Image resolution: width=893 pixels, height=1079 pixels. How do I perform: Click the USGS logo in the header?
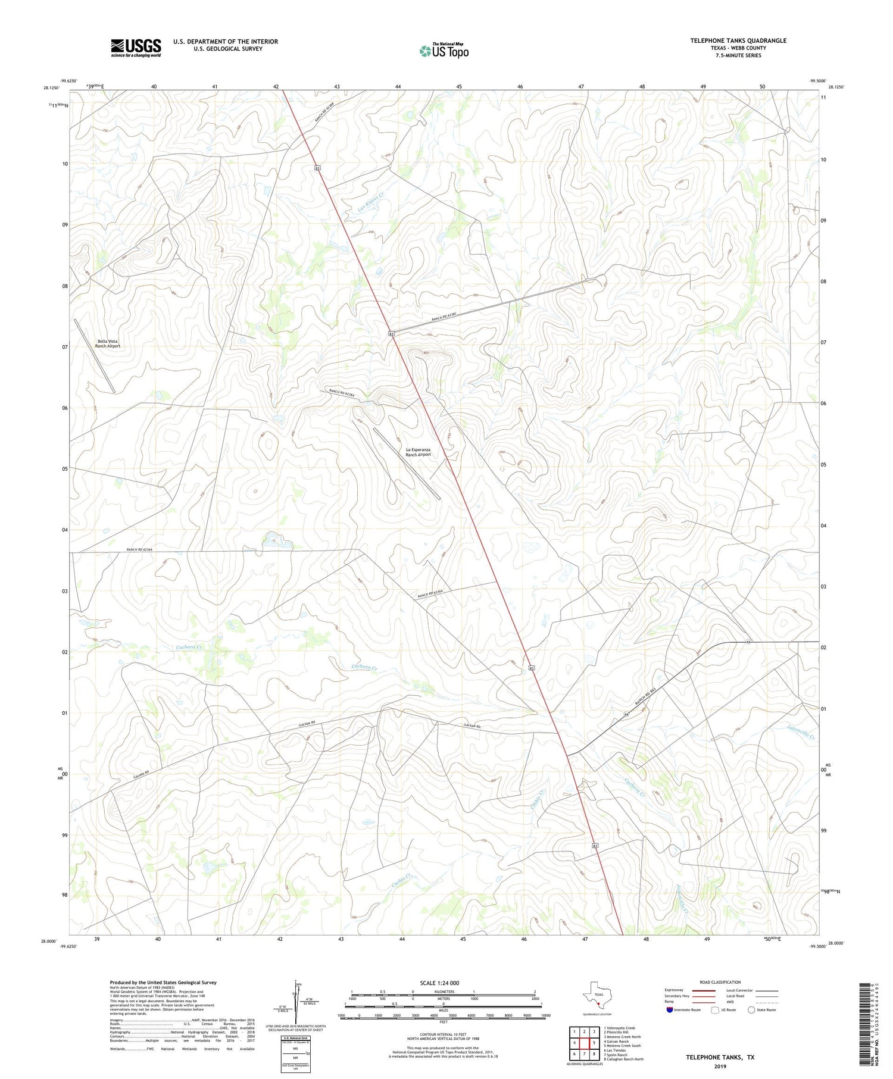(136, 48)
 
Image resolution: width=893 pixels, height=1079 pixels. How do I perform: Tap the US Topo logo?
(444, 51)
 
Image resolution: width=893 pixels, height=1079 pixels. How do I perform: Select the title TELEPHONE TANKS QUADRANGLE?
(738, 40)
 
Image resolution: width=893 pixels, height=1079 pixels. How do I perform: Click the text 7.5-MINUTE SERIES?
(738, 55)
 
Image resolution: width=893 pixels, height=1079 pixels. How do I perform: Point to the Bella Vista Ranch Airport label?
(108, 343)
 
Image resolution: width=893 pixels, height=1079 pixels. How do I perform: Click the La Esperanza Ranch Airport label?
(418, 452)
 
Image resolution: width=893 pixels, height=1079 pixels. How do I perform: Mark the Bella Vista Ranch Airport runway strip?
(94, 355)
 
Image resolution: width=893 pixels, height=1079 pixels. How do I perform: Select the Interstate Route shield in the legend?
(670, 1009)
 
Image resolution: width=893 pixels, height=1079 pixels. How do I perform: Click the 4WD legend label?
(731, 1001)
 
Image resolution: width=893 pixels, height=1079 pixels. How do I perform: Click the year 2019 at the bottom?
(720, 1066)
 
